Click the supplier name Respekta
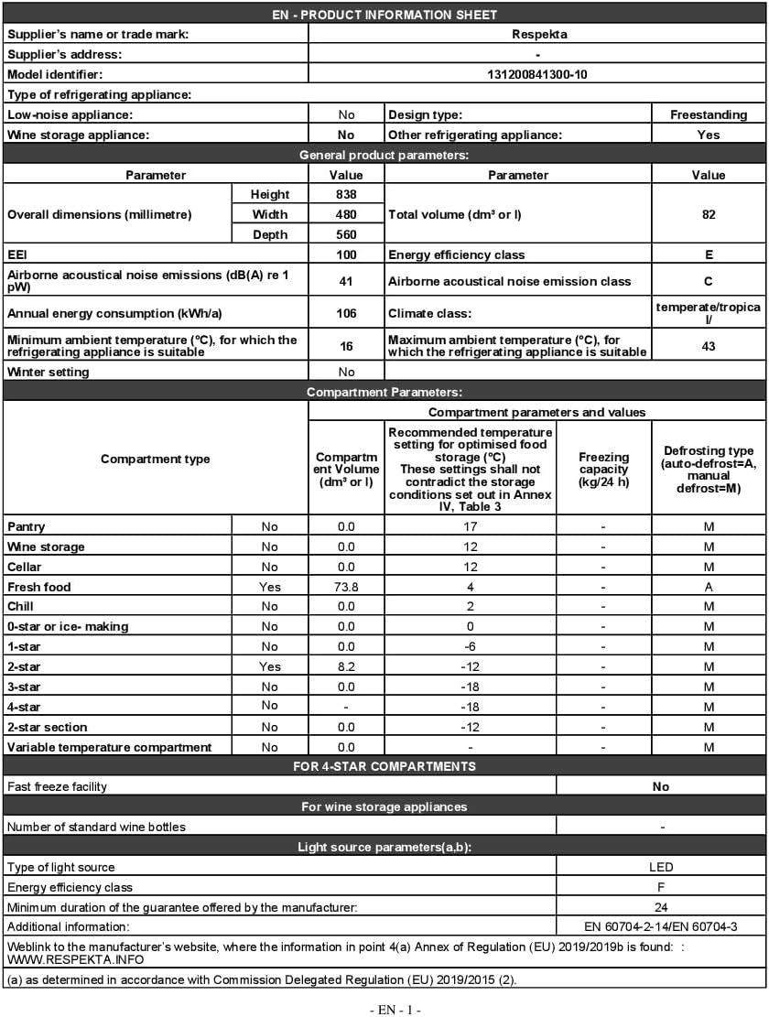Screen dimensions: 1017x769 coord(537,35)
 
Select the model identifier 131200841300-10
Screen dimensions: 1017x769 coord(537,74)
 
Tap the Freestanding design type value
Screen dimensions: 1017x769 coord(709,114)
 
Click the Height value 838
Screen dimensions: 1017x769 coord(346,194)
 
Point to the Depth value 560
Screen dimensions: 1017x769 coord(346,234)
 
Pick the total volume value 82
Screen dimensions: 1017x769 coord(709,214)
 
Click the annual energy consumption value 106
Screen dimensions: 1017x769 coord(346,314)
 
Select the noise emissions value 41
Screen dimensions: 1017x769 coord(346,282)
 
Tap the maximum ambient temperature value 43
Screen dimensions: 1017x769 coord(709,346)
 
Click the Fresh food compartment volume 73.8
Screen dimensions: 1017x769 coord(346,587)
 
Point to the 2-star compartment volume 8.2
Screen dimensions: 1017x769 coord(346,666)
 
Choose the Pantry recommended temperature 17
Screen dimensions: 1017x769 coord(471,526)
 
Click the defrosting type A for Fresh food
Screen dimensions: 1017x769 coord(709,587)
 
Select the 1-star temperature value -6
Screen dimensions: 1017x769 coord(471,646)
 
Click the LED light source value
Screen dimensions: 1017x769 coord(661,867)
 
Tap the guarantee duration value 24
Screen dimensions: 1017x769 coord(661,907)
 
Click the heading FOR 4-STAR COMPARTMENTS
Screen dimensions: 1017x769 coord(384,766)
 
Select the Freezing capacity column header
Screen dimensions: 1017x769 coord(603,468)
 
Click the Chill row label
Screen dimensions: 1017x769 coord(21,606)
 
